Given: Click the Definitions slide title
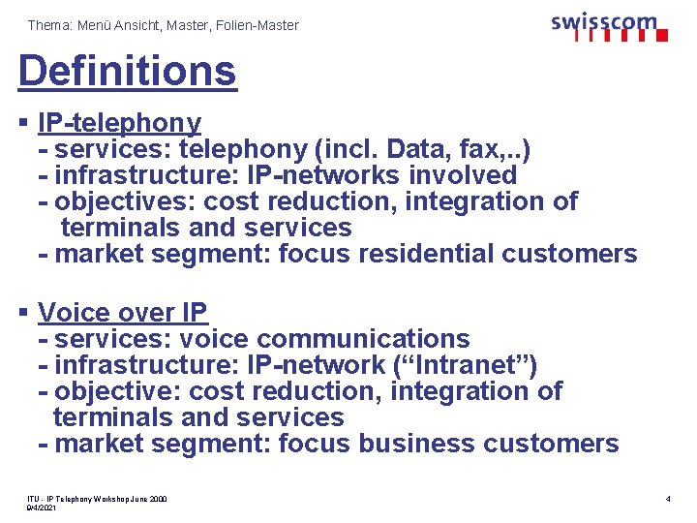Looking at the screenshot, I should click(x=127, y=71).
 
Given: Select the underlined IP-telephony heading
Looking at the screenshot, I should click(x=119, y=123).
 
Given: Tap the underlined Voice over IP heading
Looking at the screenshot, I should click(x=123, y=313).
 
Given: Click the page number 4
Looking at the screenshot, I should click(x=668, y=499).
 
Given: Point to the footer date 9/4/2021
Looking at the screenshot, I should click(x=42, y=508).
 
